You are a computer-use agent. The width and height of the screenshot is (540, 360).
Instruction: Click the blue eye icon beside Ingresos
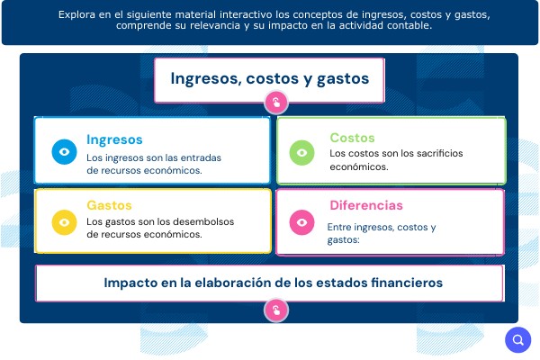point(65,152)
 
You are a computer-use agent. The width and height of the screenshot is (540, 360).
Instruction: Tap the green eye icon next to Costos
point(302,153)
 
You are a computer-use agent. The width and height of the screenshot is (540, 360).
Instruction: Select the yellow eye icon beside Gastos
point(65,222)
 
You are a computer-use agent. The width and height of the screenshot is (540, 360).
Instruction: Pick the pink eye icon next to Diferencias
point(302,222)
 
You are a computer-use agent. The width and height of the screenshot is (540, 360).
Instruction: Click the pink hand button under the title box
point(276,103)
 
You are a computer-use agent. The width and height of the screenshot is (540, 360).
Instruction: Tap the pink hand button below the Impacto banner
point(276,310)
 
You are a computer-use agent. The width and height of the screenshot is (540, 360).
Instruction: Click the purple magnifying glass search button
point(518,340)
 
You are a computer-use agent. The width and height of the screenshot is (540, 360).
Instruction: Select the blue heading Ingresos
point(114,139)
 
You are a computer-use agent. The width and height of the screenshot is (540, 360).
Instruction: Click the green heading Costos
point(352,138)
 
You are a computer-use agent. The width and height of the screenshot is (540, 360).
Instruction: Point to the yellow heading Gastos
point(109,205)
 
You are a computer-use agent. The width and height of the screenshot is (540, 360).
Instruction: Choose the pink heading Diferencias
point(366,205)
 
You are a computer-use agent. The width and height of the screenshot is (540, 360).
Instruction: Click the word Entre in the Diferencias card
point(339,228)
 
